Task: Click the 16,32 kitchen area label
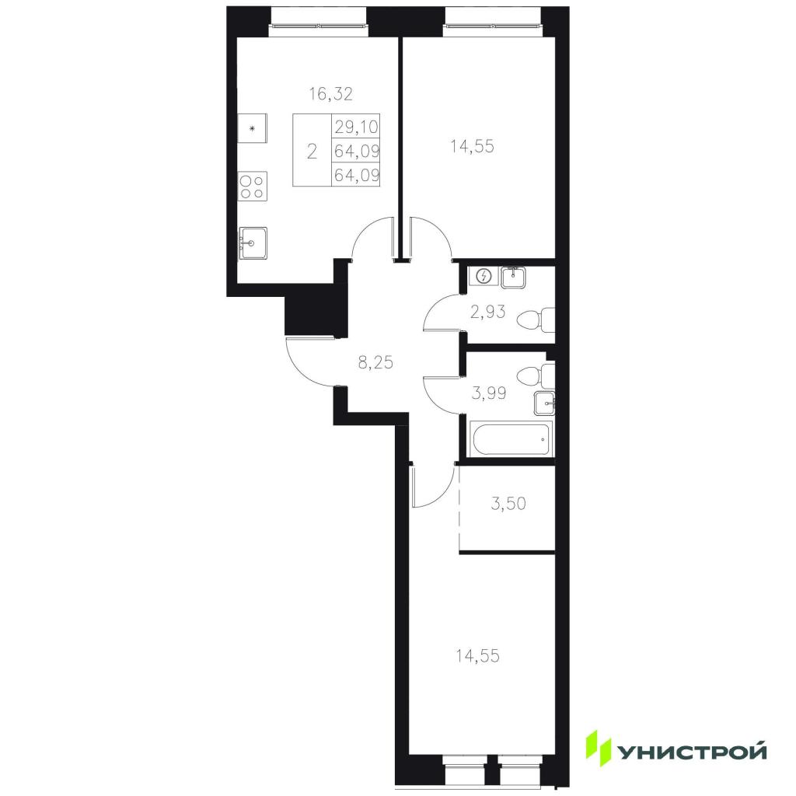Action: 331,94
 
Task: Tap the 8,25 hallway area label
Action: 375,362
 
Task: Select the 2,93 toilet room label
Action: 487,312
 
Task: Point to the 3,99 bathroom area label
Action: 489,393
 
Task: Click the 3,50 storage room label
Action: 508,503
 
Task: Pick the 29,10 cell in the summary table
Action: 356,126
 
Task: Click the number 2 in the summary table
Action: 312,151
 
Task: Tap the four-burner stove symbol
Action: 253,187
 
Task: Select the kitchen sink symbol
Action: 253,243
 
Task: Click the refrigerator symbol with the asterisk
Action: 253,128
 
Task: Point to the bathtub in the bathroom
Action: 511,438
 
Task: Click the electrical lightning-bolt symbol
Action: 485,276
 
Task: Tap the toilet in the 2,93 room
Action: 536,319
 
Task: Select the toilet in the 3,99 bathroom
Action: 536,376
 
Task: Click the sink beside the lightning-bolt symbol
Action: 514,278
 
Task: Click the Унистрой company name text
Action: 691,752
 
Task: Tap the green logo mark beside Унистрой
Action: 599,748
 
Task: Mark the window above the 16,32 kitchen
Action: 319,24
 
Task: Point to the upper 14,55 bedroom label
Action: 472,146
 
